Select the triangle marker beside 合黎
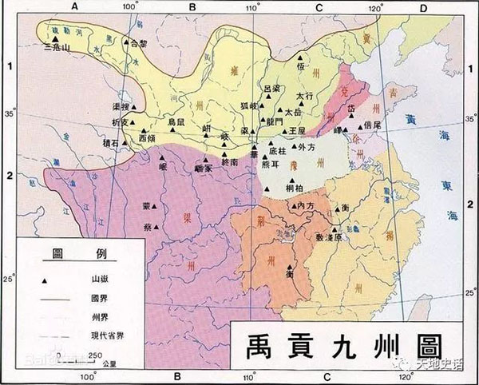[x=125, y=40]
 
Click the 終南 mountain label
[x=229, y=161]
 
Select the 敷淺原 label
[x=328, y=238]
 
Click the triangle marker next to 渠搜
[x=135, y=107]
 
